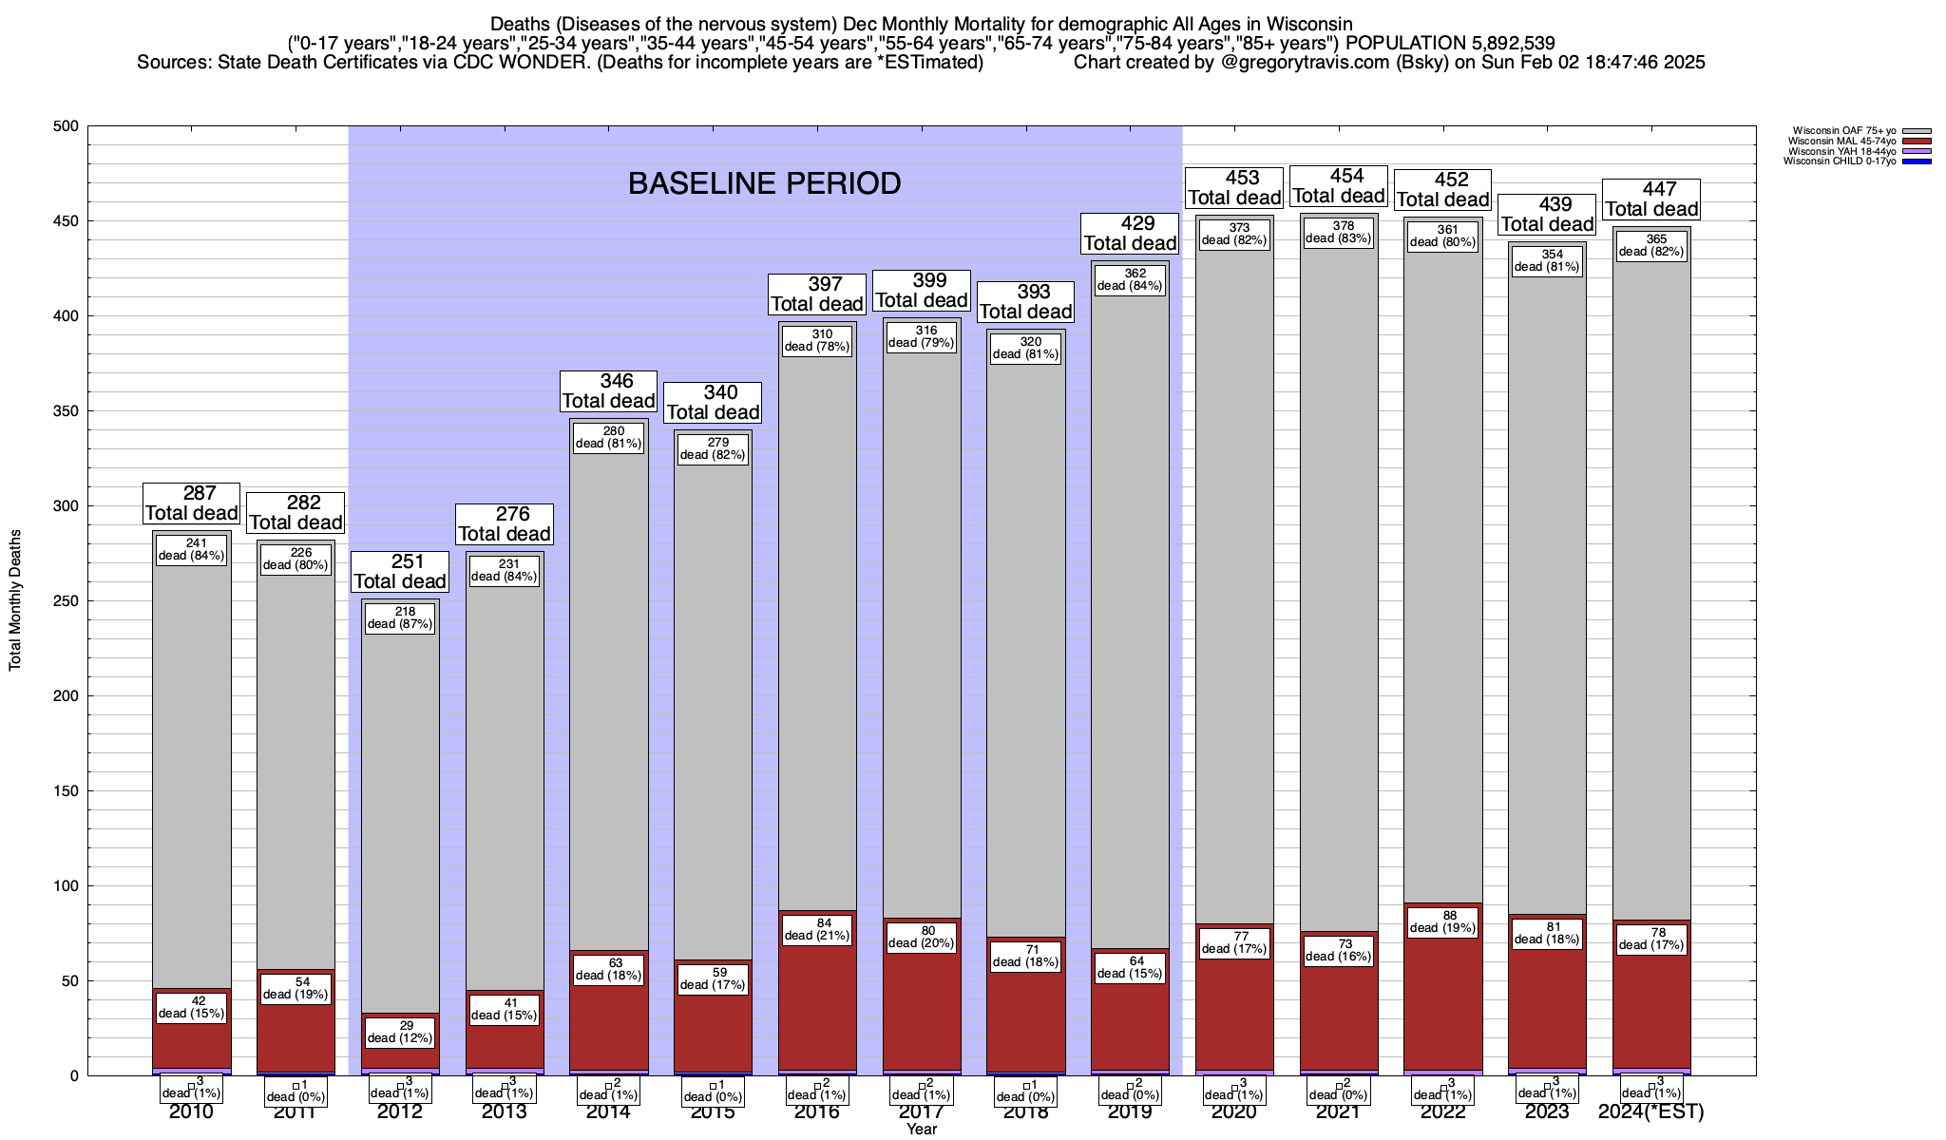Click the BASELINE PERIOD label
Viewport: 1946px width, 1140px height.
[764, 183]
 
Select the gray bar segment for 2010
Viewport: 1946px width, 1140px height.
[192, 760]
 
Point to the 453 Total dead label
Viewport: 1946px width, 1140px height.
[1234, 188]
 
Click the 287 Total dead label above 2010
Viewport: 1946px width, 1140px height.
[191, 503]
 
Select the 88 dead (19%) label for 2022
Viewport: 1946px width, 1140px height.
[1442, 922]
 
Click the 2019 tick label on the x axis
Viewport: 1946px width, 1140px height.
[1130, 1112]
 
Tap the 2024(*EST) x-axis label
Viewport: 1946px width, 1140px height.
[1651, 1112]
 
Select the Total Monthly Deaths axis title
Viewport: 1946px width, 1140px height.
[15, 600]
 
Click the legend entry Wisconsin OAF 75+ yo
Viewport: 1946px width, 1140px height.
[1845, 131]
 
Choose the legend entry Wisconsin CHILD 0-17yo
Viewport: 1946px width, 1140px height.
[1840, 161]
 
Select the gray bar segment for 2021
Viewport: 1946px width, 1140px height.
[1339, 570]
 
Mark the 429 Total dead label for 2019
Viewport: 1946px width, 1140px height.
[1130, 234]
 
